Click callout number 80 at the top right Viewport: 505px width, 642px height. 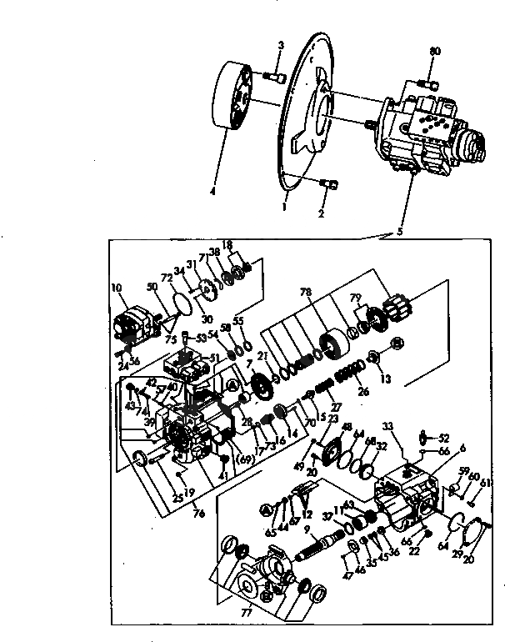[x=433, y=52]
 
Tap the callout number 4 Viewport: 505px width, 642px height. [x=212, y=191]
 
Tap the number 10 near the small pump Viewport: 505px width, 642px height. [x=117, y=288]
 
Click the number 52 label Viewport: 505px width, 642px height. [x=444, y=438]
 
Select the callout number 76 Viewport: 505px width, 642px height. [x=197, y=512]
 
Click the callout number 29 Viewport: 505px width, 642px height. [x=457, y=554]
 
